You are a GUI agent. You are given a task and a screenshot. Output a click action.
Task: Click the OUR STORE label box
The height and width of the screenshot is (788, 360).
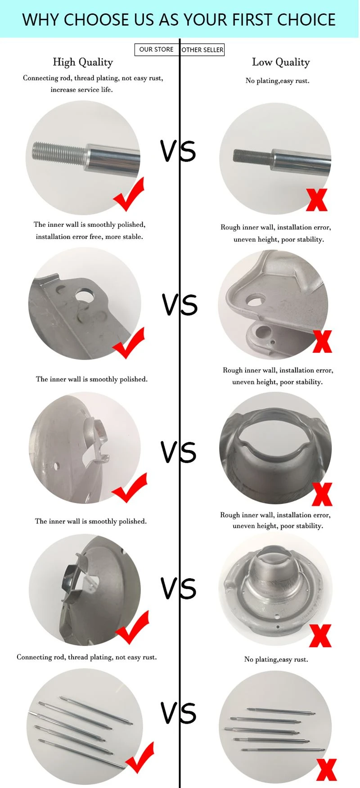[157, 50]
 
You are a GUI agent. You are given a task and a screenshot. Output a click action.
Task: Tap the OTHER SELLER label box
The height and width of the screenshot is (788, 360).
[202, 50]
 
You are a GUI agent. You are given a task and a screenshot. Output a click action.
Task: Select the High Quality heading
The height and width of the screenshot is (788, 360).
[83, 62]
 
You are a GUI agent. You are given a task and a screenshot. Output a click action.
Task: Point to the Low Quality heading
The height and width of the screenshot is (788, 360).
[281, 62]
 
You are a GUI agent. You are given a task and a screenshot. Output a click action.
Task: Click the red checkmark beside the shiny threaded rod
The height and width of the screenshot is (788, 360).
[129, 194]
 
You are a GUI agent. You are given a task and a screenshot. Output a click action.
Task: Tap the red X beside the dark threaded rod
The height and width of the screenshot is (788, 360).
[317, 200]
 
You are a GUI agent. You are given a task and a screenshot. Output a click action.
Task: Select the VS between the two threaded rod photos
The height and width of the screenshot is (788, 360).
[178, 151]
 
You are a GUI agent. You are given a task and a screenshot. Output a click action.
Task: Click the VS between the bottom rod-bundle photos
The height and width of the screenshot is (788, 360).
[179, 712]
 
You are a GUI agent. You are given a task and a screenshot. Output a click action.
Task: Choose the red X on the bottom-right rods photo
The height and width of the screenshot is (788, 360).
[327, 770]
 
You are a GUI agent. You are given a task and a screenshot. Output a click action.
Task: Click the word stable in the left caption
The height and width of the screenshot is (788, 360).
[133, 237]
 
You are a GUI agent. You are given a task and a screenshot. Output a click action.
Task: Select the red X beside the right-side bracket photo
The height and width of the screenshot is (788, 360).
[322, 342]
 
